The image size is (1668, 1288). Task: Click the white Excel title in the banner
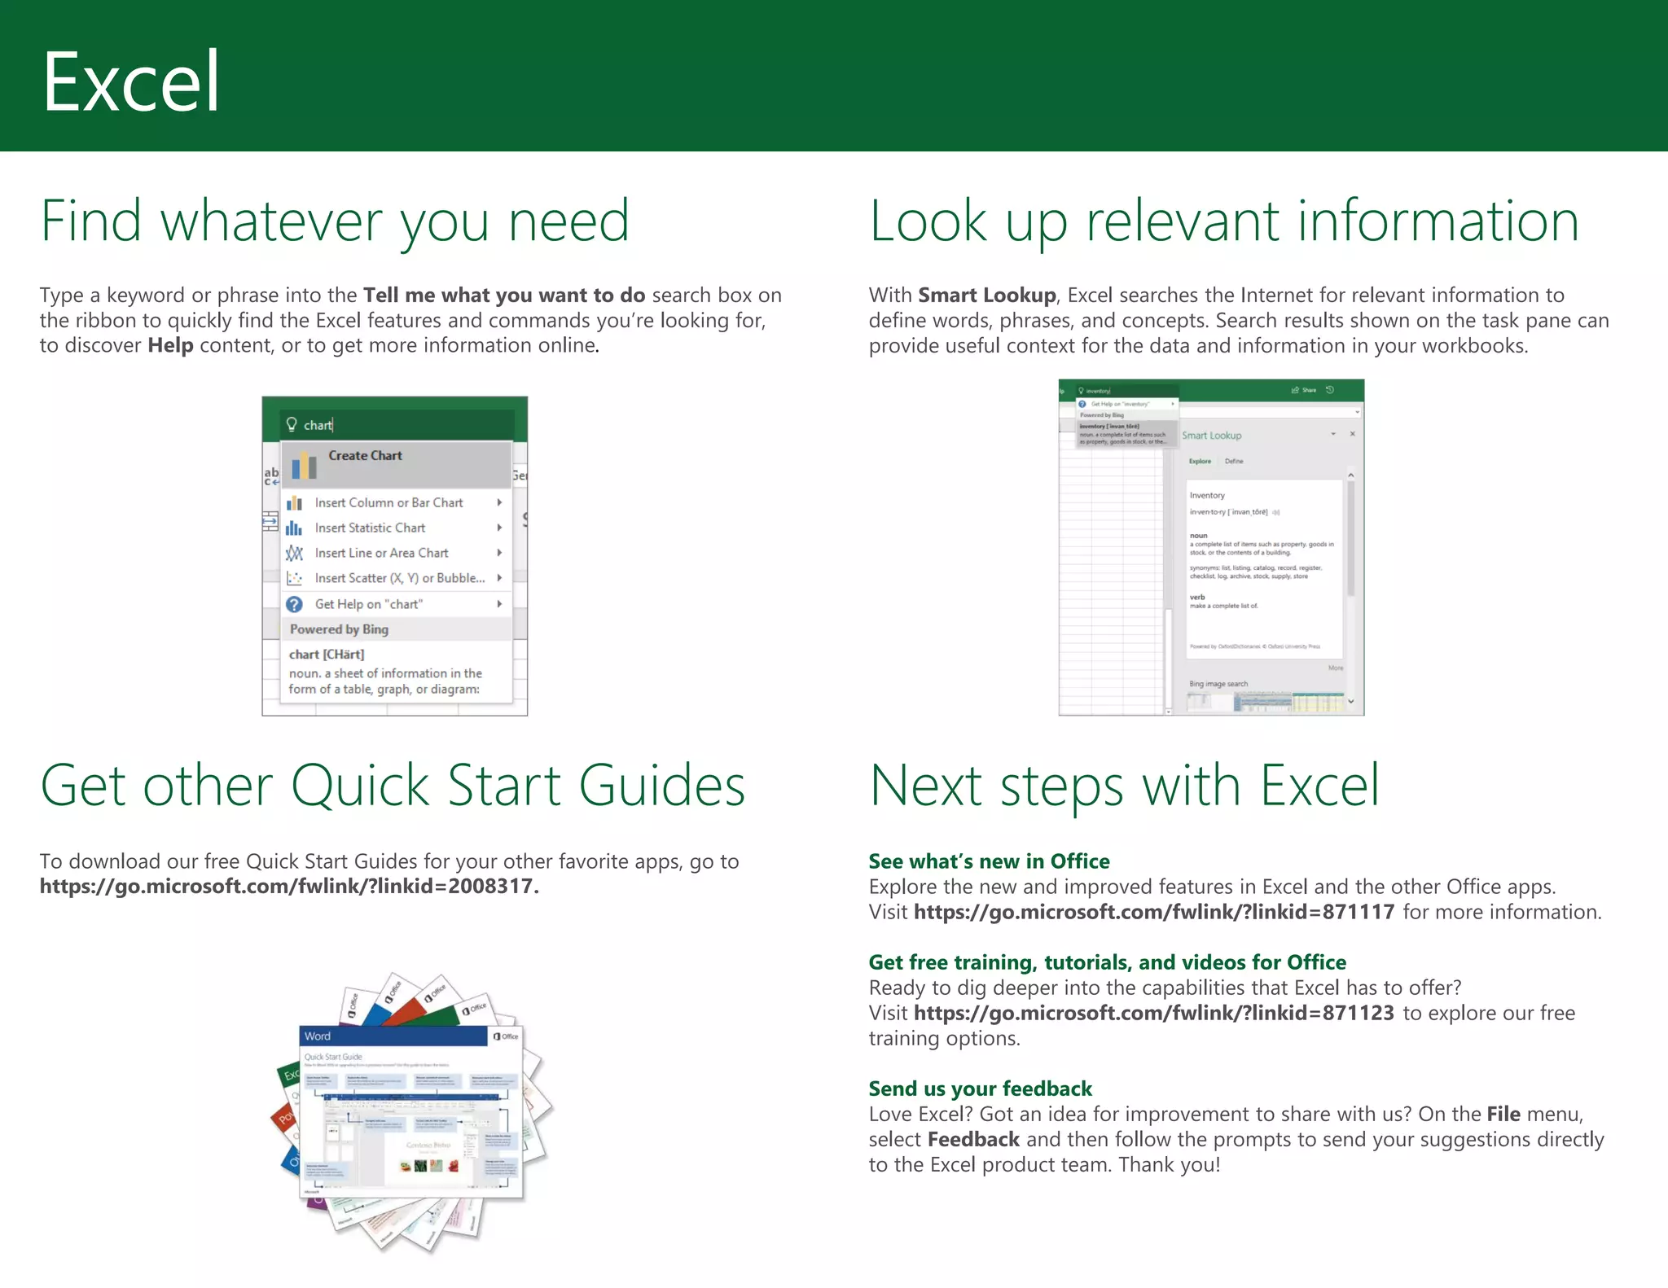131,81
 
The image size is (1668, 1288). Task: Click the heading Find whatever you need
335,221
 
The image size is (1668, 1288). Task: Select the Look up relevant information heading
1223,221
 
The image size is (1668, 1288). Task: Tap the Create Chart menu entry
365,456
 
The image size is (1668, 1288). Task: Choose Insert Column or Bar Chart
388,503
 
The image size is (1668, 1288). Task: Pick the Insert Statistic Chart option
370,528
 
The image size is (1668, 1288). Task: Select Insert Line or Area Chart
381,554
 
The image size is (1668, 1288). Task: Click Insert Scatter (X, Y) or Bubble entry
399,578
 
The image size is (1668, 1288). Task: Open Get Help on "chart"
368,604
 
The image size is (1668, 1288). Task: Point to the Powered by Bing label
339,629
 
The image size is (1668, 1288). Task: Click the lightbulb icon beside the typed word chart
292,424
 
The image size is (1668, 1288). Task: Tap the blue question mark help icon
294,604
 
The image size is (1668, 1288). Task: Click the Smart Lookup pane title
1211,436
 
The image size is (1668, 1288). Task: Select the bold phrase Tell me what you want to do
504,296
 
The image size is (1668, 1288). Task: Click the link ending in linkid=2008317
288,887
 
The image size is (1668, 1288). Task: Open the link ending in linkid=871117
1153,912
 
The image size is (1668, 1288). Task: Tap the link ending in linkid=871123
1153,1013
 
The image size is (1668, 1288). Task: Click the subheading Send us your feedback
980,1089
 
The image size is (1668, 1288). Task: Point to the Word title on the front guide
318,1036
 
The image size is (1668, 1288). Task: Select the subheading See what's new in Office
989,861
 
